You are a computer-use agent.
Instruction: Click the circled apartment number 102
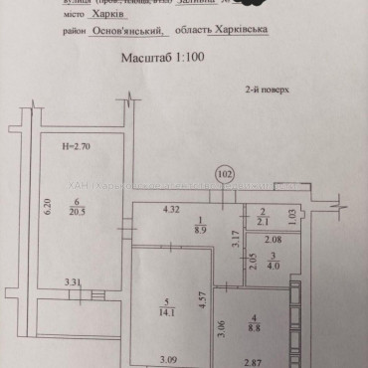click(225, 173)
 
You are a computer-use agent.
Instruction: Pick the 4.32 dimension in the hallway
click(171, 208)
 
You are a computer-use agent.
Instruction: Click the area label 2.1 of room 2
click(264, 221)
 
